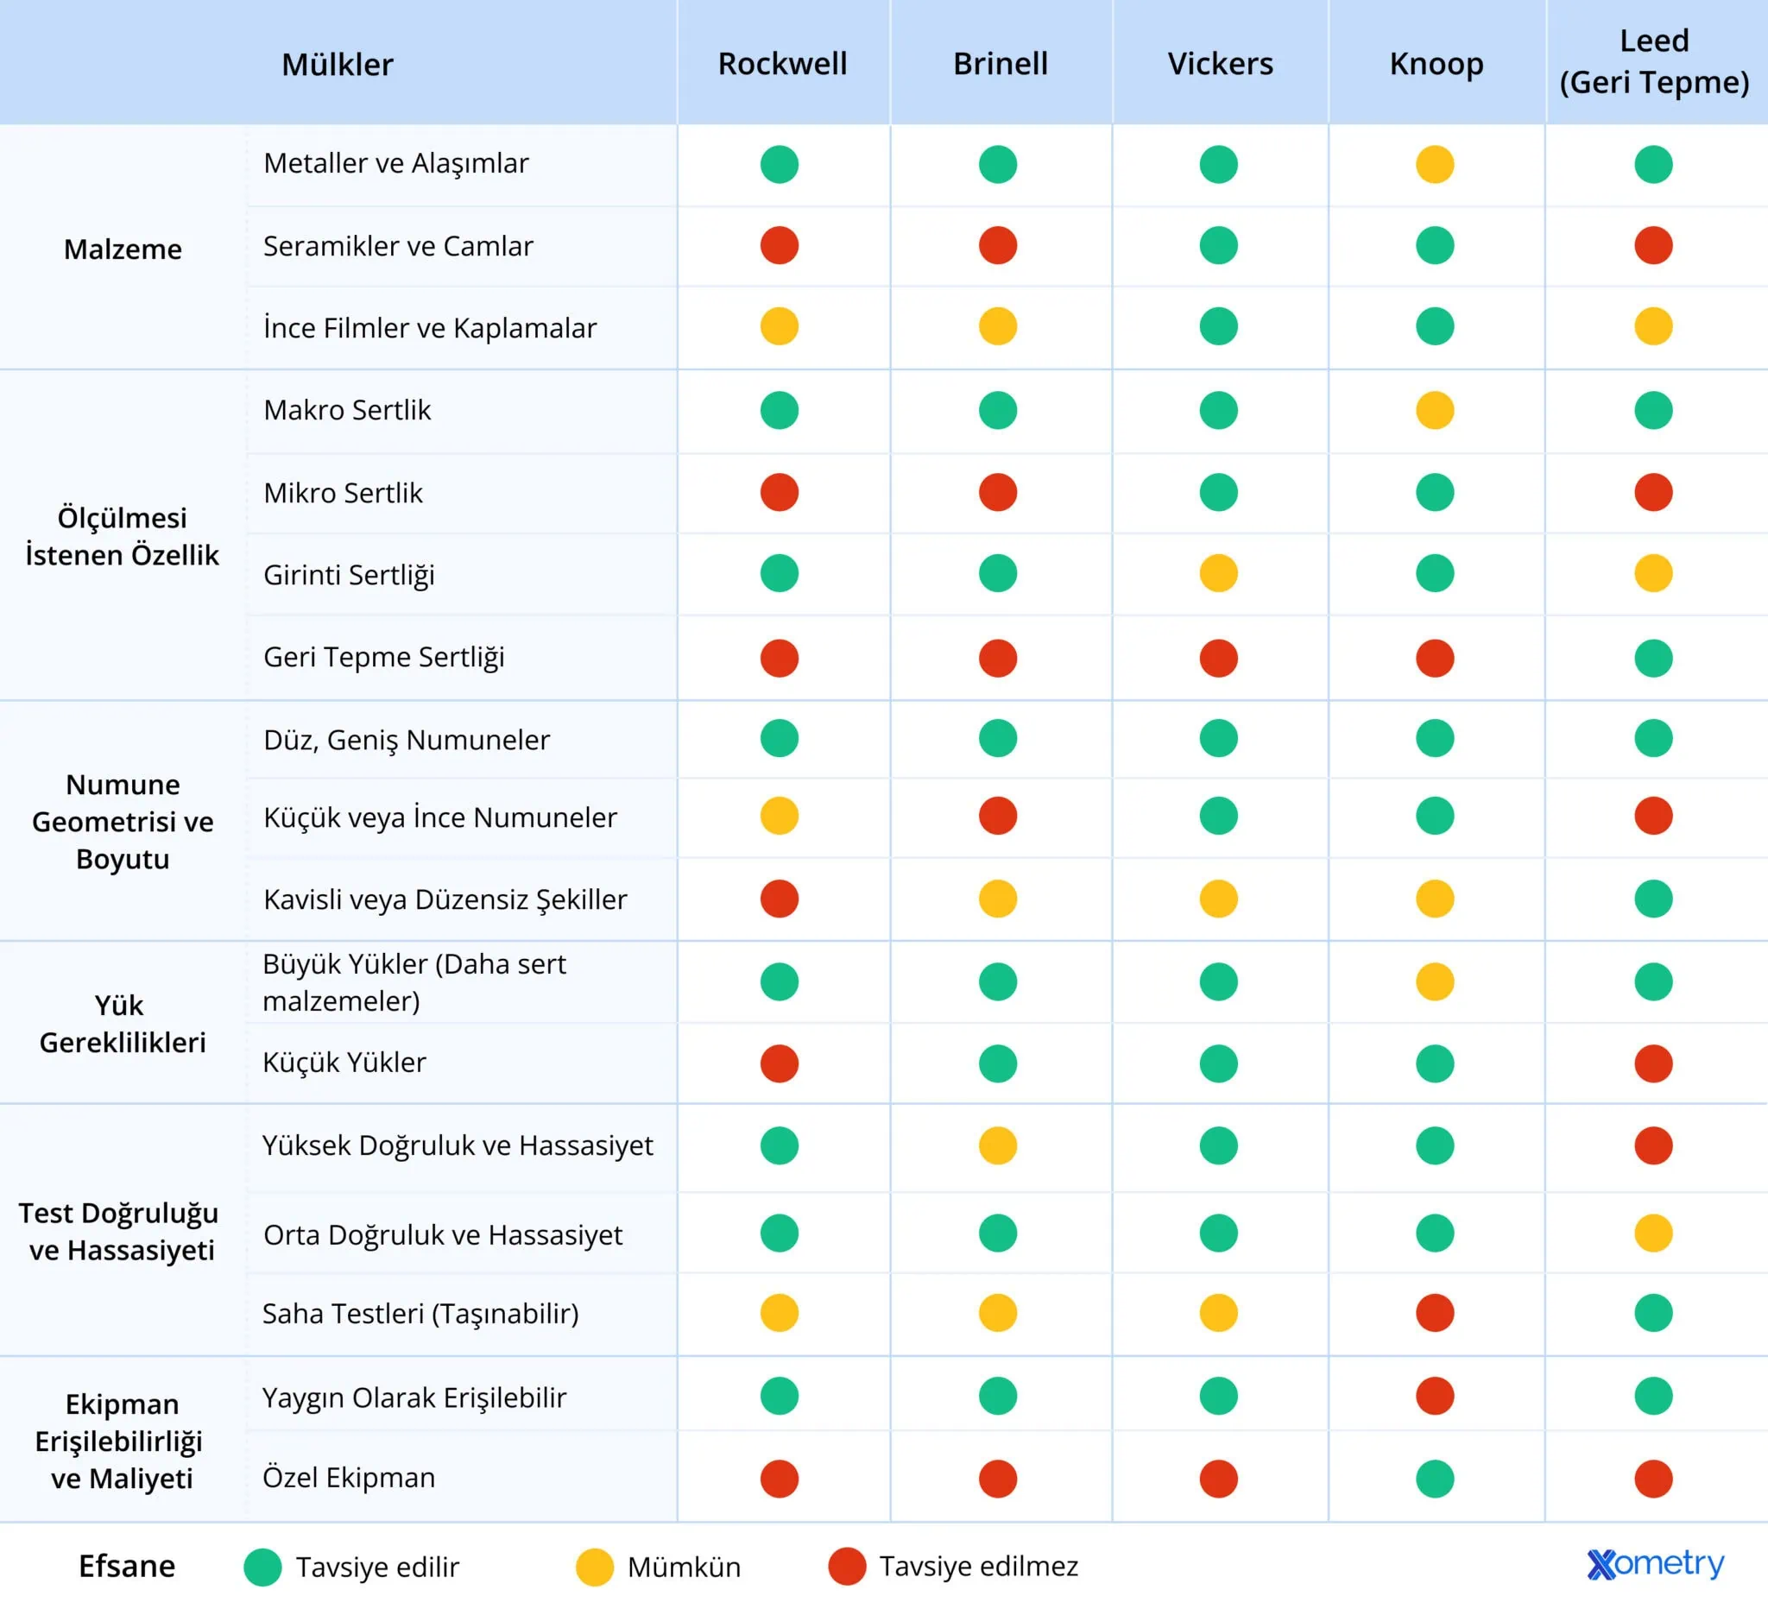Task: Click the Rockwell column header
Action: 782,64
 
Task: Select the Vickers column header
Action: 1220,64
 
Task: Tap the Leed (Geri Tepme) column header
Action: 1654,61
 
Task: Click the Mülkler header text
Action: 338,65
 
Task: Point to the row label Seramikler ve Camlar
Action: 398,246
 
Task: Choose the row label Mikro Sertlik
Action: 343,493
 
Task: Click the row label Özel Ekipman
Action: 349,1478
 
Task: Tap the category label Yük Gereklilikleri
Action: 123,1023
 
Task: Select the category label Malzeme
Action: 123,249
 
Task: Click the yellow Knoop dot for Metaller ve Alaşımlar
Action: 1435,164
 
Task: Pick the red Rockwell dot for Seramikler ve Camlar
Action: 780,245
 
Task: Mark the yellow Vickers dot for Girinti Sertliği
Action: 1218,573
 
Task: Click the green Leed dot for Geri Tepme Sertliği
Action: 1653,658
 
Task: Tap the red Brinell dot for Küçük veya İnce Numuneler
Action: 998,817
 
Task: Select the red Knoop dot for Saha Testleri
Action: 1435,1313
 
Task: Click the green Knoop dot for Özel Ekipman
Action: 1435,1479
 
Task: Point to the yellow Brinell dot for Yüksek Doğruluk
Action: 998,1145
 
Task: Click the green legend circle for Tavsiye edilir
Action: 262,1567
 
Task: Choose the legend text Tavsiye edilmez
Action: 979,1566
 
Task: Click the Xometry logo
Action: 1655,1563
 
